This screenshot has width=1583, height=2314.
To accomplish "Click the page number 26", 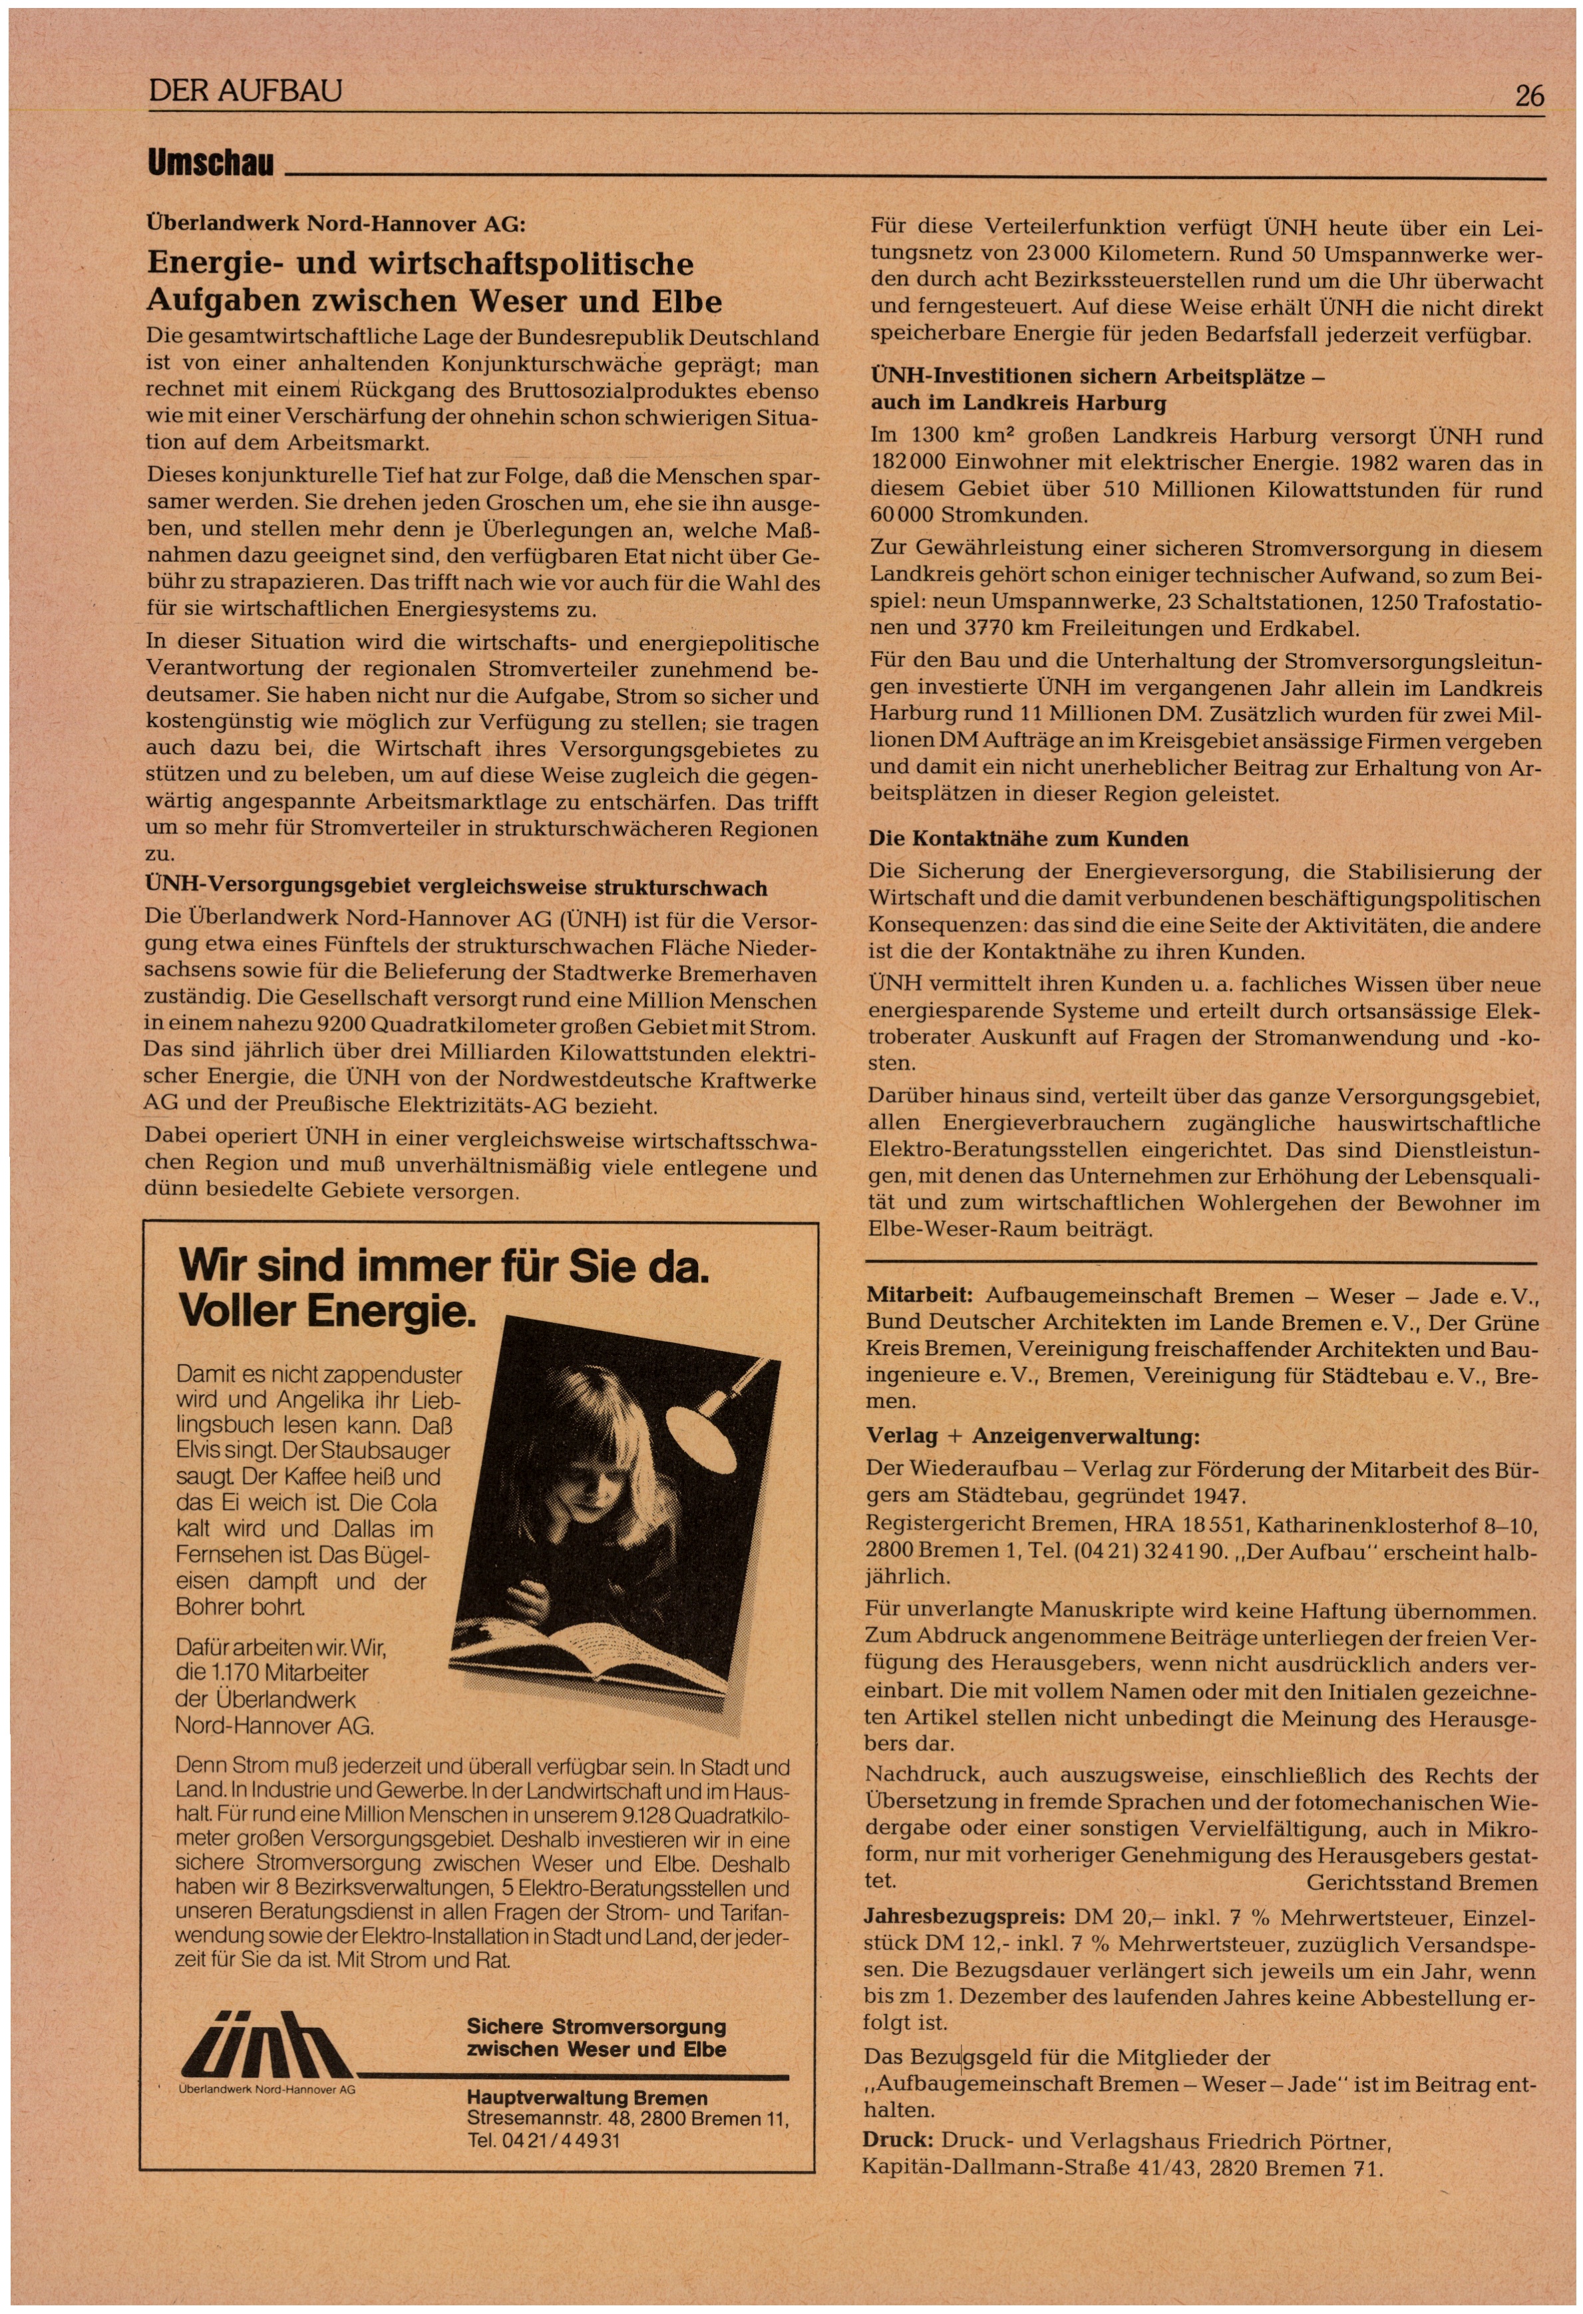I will (1528, 96).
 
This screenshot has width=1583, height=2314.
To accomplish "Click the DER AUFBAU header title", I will (245, 92).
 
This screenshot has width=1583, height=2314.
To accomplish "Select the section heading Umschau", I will (210, 163).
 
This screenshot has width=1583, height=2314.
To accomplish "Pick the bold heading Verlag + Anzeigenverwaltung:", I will (1033, 1436).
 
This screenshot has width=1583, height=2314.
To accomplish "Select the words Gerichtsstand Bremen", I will (1422, 1883).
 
